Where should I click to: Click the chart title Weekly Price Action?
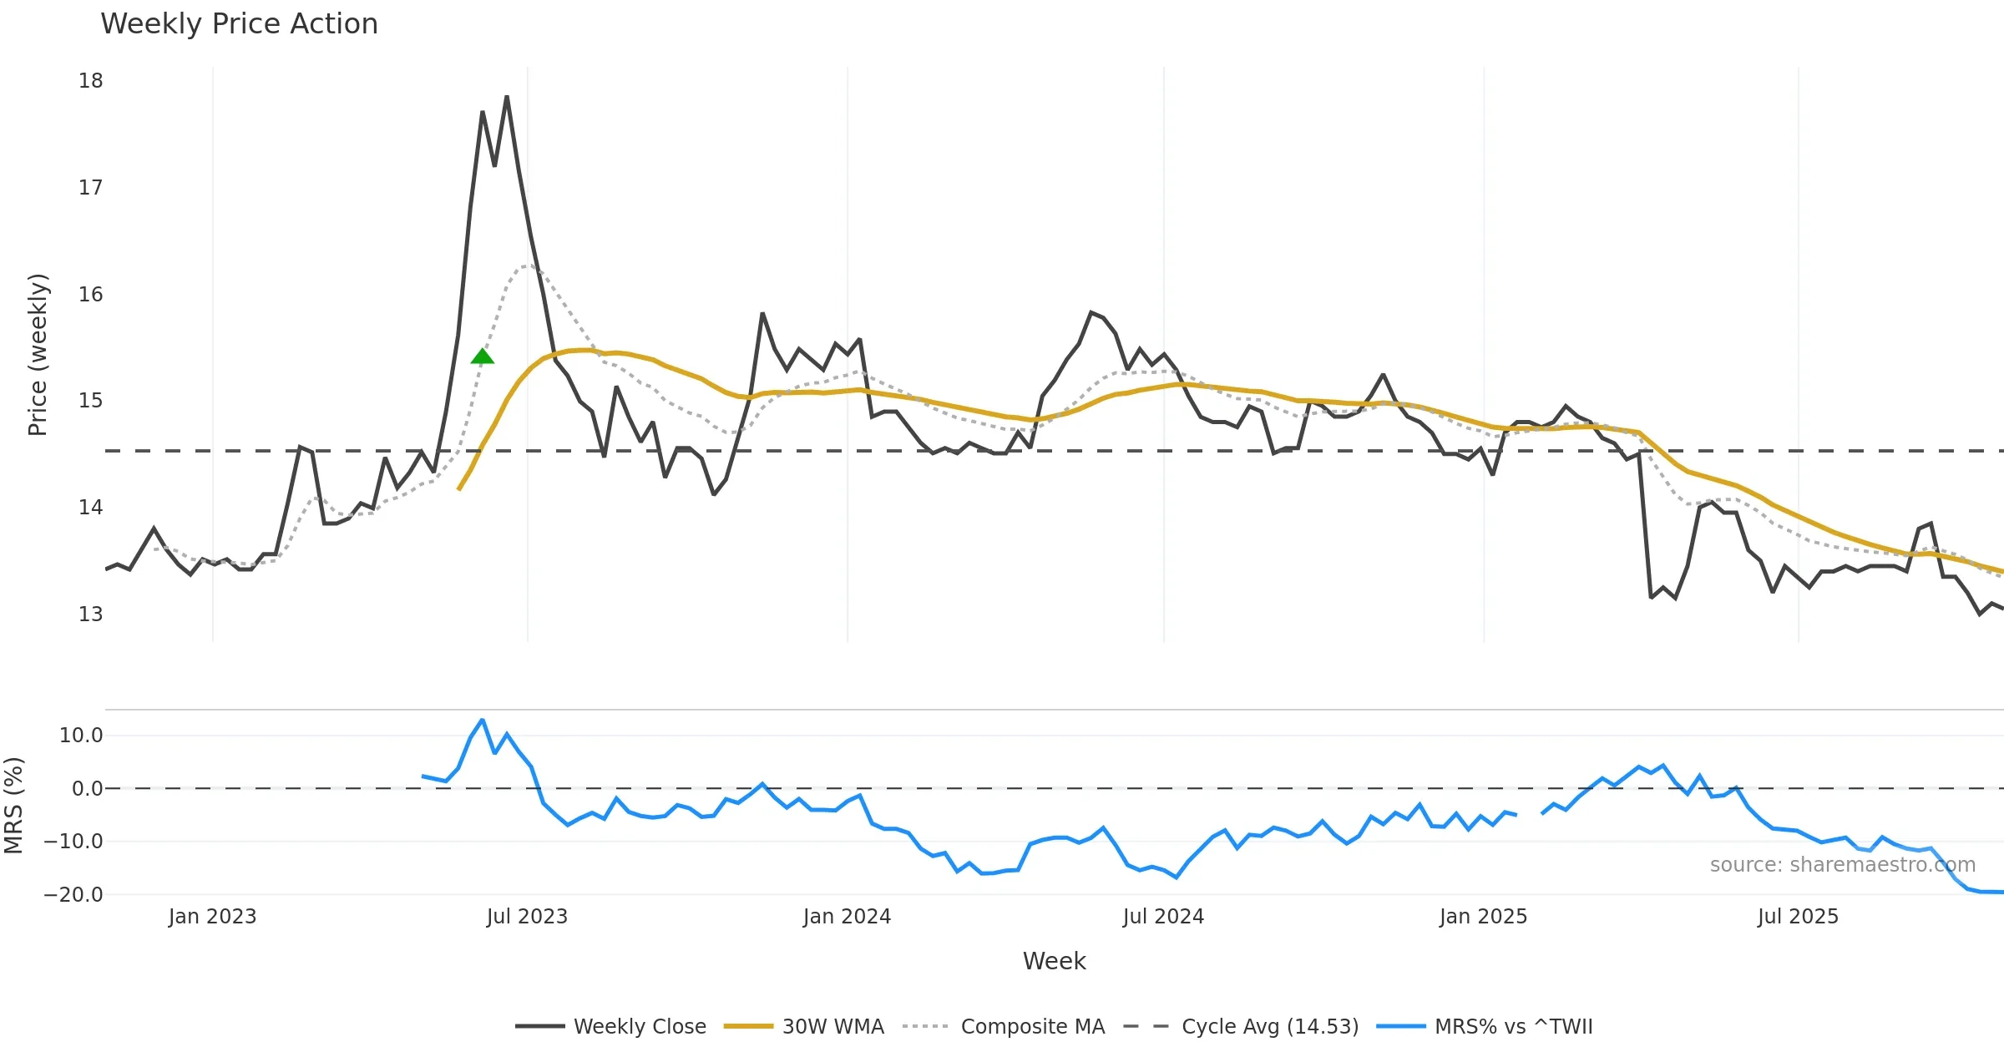tap(239, 23)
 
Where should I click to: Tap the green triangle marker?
tap(483, 357)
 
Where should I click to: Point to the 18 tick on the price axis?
tap(91, 81)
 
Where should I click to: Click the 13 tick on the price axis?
tap(91, 615)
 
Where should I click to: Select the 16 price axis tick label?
tap(91, 295)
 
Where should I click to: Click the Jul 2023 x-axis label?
tap(527, 917)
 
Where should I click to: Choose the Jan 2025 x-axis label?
tap(1483, 917)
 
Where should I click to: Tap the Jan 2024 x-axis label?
tap(847, 917)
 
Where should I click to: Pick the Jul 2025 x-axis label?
tap(1798, 917)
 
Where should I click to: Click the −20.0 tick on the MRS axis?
tap(73, 895)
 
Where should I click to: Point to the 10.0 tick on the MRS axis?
tap(81, 736)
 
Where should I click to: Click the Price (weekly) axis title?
tap(38, 355)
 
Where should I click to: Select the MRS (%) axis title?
tap(13, 806)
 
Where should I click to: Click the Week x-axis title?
tap(1054, 962)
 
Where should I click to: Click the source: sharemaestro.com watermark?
tap(1842, 865)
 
